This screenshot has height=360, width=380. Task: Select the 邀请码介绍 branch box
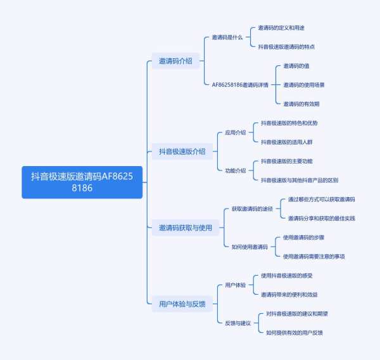175,61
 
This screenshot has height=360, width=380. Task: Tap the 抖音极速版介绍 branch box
182,151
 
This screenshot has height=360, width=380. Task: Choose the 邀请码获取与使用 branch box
185,228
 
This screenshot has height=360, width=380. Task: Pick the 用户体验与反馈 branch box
182,304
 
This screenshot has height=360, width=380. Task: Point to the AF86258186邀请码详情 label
240,84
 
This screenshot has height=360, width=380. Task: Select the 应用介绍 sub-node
235,132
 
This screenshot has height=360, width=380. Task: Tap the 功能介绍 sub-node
235,170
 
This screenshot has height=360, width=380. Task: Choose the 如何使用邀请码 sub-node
249,247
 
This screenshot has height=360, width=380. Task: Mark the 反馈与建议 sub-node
237,323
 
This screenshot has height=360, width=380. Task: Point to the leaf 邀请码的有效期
301,103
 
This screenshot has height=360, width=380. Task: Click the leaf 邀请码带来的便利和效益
289,294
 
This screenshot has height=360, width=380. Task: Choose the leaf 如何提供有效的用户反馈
294,332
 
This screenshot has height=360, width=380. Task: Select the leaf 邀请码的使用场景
303,84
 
